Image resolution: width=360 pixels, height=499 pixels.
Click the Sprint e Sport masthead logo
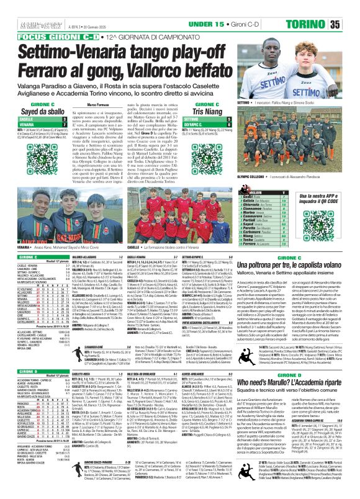coord(20,8)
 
